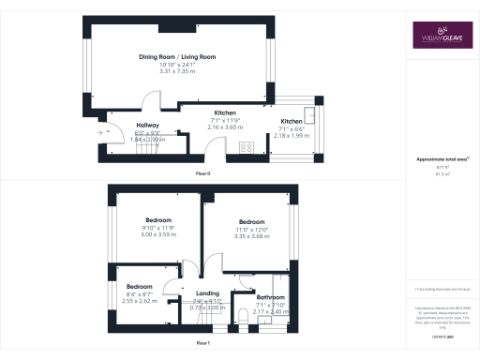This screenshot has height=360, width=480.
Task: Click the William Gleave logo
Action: click(439, 38)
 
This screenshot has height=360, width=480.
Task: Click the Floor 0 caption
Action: click(202, 175)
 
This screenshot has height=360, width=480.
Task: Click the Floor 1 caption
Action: click(202, 344)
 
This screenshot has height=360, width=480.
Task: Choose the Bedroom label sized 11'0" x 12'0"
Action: click(251, 222)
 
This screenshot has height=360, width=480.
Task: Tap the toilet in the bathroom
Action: click(242, 322)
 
